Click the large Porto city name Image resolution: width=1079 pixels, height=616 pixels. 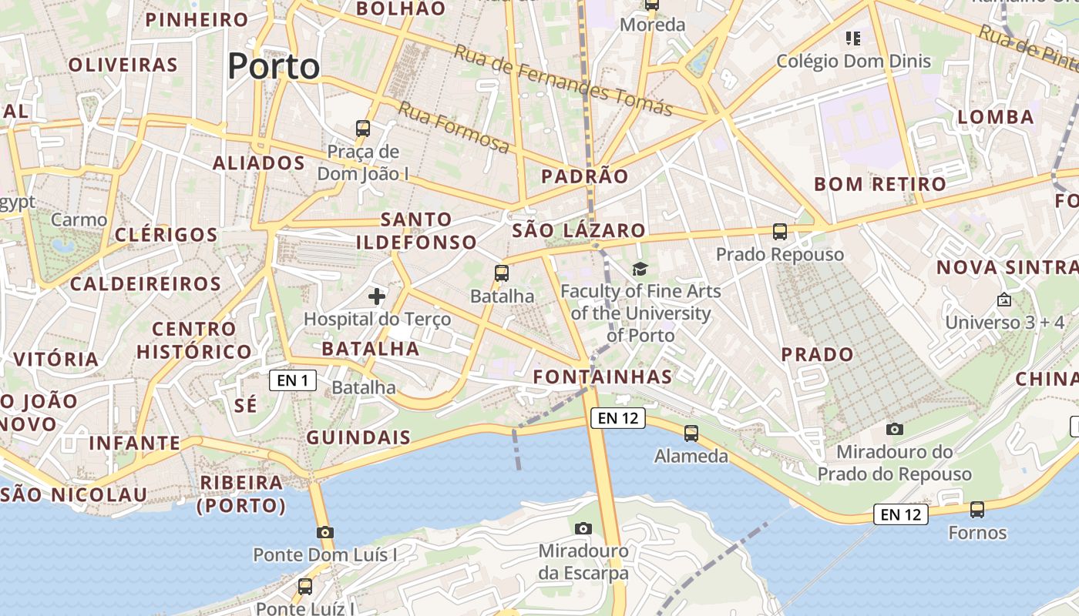click(x=274, y=67)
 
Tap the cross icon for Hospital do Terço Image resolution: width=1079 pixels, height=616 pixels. click(x=377, y=296)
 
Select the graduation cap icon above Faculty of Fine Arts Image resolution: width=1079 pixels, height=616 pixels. click(x=640, y=269)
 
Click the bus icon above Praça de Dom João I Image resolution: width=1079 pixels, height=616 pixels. click(x=363, y=128)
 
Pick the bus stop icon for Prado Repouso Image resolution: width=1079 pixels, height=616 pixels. click(x=780, y=231)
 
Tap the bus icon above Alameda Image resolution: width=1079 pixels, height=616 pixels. click(x=691, y=434)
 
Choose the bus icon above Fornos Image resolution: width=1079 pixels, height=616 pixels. click(x=977, y=509)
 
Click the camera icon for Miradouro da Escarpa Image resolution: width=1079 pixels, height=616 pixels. click(x=583, y=528)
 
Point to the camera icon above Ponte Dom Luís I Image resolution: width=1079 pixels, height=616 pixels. click(x=325, y=532)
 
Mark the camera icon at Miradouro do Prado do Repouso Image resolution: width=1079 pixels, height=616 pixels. click(x=895, y=429)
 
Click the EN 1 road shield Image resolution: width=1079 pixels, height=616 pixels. click(x=293, y=380)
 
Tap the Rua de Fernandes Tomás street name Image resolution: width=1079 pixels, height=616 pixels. click(x=563, y=79)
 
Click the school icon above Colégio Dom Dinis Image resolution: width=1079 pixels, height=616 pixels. click(x=852, y=38)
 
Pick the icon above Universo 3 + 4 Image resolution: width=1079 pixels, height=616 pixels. click(x=1003, y=300)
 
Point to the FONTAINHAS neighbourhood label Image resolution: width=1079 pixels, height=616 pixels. click(x=603, y=377)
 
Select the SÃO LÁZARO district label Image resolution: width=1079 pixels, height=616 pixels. click(x=579, y=230)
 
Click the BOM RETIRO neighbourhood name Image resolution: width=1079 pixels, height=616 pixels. click(x=880, y=184)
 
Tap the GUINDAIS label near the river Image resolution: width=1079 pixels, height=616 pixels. click(x=358, y=438)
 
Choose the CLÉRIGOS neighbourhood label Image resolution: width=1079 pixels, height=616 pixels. click(x=166, y=235)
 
